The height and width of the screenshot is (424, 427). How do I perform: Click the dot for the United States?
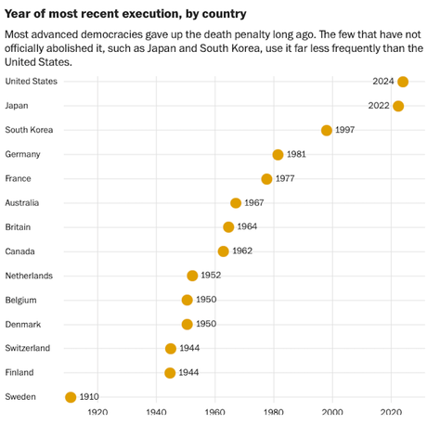(x=402, y=82)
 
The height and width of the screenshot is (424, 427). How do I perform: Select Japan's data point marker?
(x=398, y=106)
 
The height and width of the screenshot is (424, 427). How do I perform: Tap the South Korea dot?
(x=326, y=130)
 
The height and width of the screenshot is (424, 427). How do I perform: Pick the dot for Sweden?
(x=71, y=397)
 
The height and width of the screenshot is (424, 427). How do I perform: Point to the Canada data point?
(x=223, y=251)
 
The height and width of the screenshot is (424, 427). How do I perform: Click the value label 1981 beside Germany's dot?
(x=297, y=155)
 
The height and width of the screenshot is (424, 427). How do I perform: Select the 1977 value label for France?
(x=286, y=179)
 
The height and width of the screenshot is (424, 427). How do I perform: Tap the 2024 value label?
(x=382, y=82)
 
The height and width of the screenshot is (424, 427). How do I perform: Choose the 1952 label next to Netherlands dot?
(x=212, y=276)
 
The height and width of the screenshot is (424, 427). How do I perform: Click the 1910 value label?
(x=89, y=397)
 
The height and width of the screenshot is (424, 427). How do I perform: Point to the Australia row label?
(x=22, y=203)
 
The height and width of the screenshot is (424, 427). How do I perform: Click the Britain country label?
(x=19, y=227)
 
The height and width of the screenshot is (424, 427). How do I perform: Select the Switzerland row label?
(x=27, y=348)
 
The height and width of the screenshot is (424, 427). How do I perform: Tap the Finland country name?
(x=20, y=372)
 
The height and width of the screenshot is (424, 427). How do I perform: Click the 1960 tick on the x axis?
(x=214, y=413)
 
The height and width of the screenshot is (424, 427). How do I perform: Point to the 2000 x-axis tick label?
(x=332, y=413)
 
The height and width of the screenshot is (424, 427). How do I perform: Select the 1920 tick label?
(x=97, y=413)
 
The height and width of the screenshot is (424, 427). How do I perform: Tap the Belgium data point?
(x=187, y=300)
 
